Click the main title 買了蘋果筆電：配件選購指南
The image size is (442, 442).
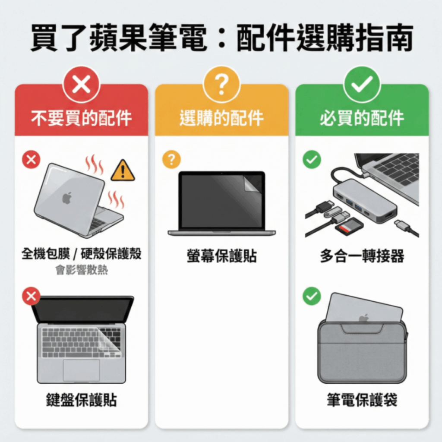pyautogui.click(x=221, y=38)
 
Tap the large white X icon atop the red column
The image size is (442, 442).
pyautogui.click(x=81, y=84)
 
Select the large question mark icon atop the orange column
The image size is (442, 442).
pyautogui.click(x=221, y=84)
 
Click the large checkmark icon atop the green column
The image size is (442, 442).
pyautogui.click(x=362, y=84)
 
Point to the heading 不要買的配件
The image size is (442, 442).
pyautogui.click(x=82, y=118)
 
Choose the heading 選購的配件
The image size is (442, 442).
pyautogui.click(x=221, y=118)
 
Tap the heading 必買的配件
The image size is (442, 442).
pyautogui.click(x=362, y=118)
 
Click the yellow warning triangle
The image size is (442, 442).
pyautogui.click(x=123, y=171)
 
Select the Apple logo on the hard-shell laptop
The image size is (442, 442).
pyautogui.click(x=67, y=198)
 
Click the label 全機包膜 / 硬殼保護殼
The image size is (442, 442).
pyautogui.click(x=82, y=254)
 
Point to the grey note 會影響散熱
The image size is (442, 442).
pyautogui.click(x=82, y=270)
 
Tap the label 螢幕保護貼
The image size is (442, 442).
pyautogui.click(x=221, y=256)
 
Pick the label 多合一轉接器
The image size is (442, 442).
pyautogui.click(x=362, y=256)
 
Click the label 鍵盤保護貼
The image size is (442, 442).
pyautogui.click(x=82, y=400)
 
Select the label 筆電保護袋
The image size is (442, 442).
pyautogui.click(x=362, y=400)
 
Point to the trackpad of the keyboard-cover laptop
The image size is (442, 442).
pyautogui.click(x=81, y=370)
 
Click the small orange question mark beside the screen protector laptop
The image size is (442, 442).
pyautogui.click(x=171, y=160)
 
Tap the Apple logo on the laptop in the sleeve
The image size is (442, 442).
pyautogui.click(x=364, y=318)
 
